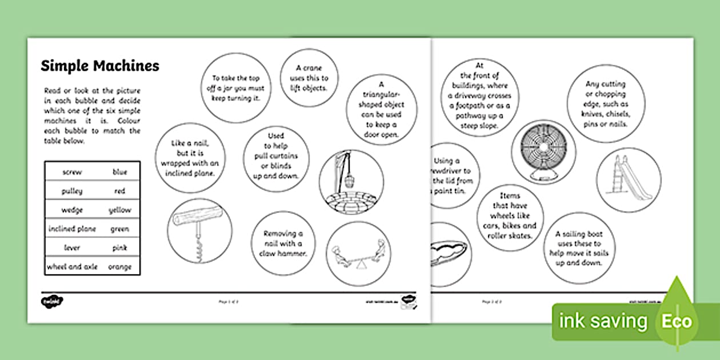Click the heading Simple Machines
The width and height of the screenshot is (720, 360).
point(100,66)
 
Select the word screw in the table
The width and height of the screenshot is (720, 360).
point(73,172)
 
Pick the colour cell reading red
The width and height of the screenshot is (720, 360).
point(119,191)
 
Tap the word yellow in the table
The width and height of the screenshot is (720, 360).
point(119,210)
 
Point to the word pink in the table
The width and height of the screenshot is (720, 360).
point(119,247)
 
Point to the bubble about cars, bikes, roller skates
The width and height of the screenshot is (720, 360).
point(510,216)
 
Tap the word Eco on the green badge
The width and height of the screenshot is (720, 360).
point(677,321)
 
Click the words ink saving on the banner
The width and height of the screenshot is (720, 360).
point(603,321)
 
